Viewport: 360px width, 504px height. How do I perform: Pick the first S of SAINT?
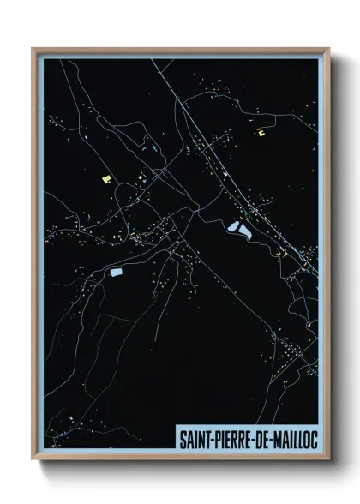pos(182,437)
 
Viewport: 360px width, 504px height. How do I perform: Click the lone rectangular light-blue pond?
pos(116,273)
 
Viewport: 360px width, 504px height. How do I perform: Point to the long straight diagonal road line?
pos(214,146)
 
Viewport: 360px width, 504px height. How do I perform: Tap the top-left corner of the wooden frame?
pos(33,49)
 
